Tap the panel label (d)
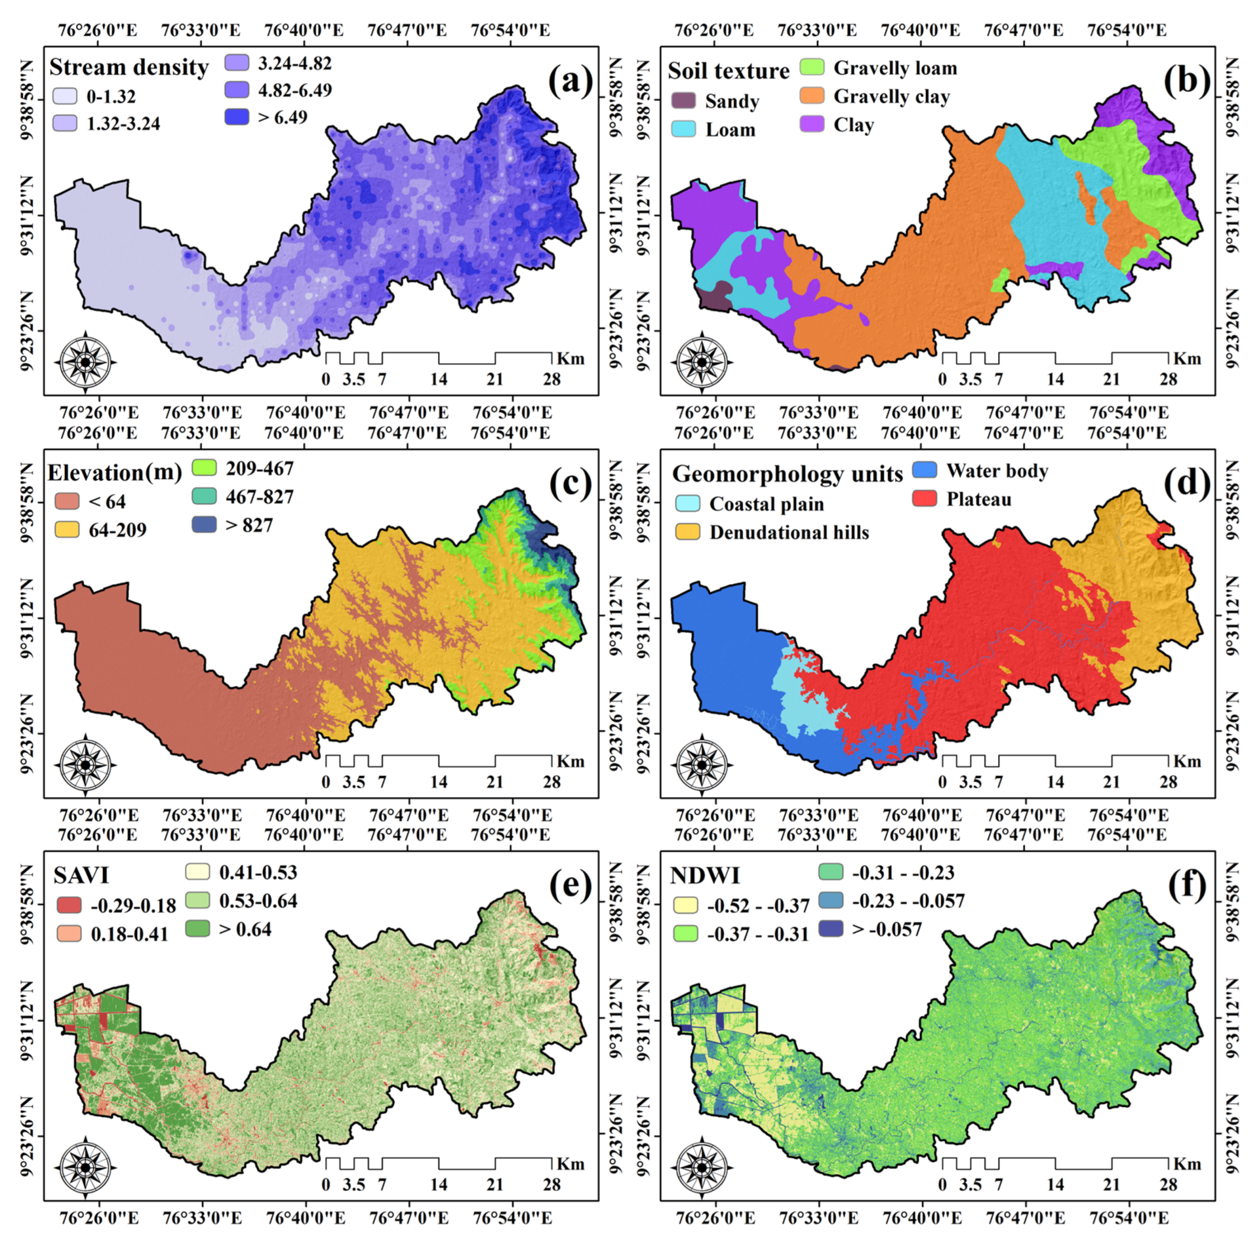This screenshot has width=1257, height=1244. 1187,484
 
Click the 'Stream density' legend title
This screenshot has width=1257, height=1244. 129,67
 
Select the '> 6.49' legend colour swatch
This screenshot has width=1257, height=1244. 237,117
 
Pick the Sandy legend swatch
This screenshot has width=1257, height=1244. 683,101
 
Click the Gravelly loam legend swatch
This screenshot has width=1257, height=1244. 812,68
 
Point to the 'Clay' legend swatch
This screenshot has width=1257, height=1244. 812,124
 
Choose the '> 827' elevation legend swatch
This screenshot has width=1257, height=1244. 204,525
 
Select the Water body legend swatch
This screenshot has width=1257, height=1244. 924,470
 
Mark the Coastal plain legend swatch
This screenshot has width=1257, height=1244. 688,504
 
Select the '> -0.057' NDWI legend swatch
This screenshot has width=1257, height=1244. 830,928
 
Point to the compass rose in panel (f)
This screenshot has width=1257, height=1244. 702,1167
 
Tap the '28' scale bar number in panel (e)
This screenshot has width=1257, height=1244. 551,1184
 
